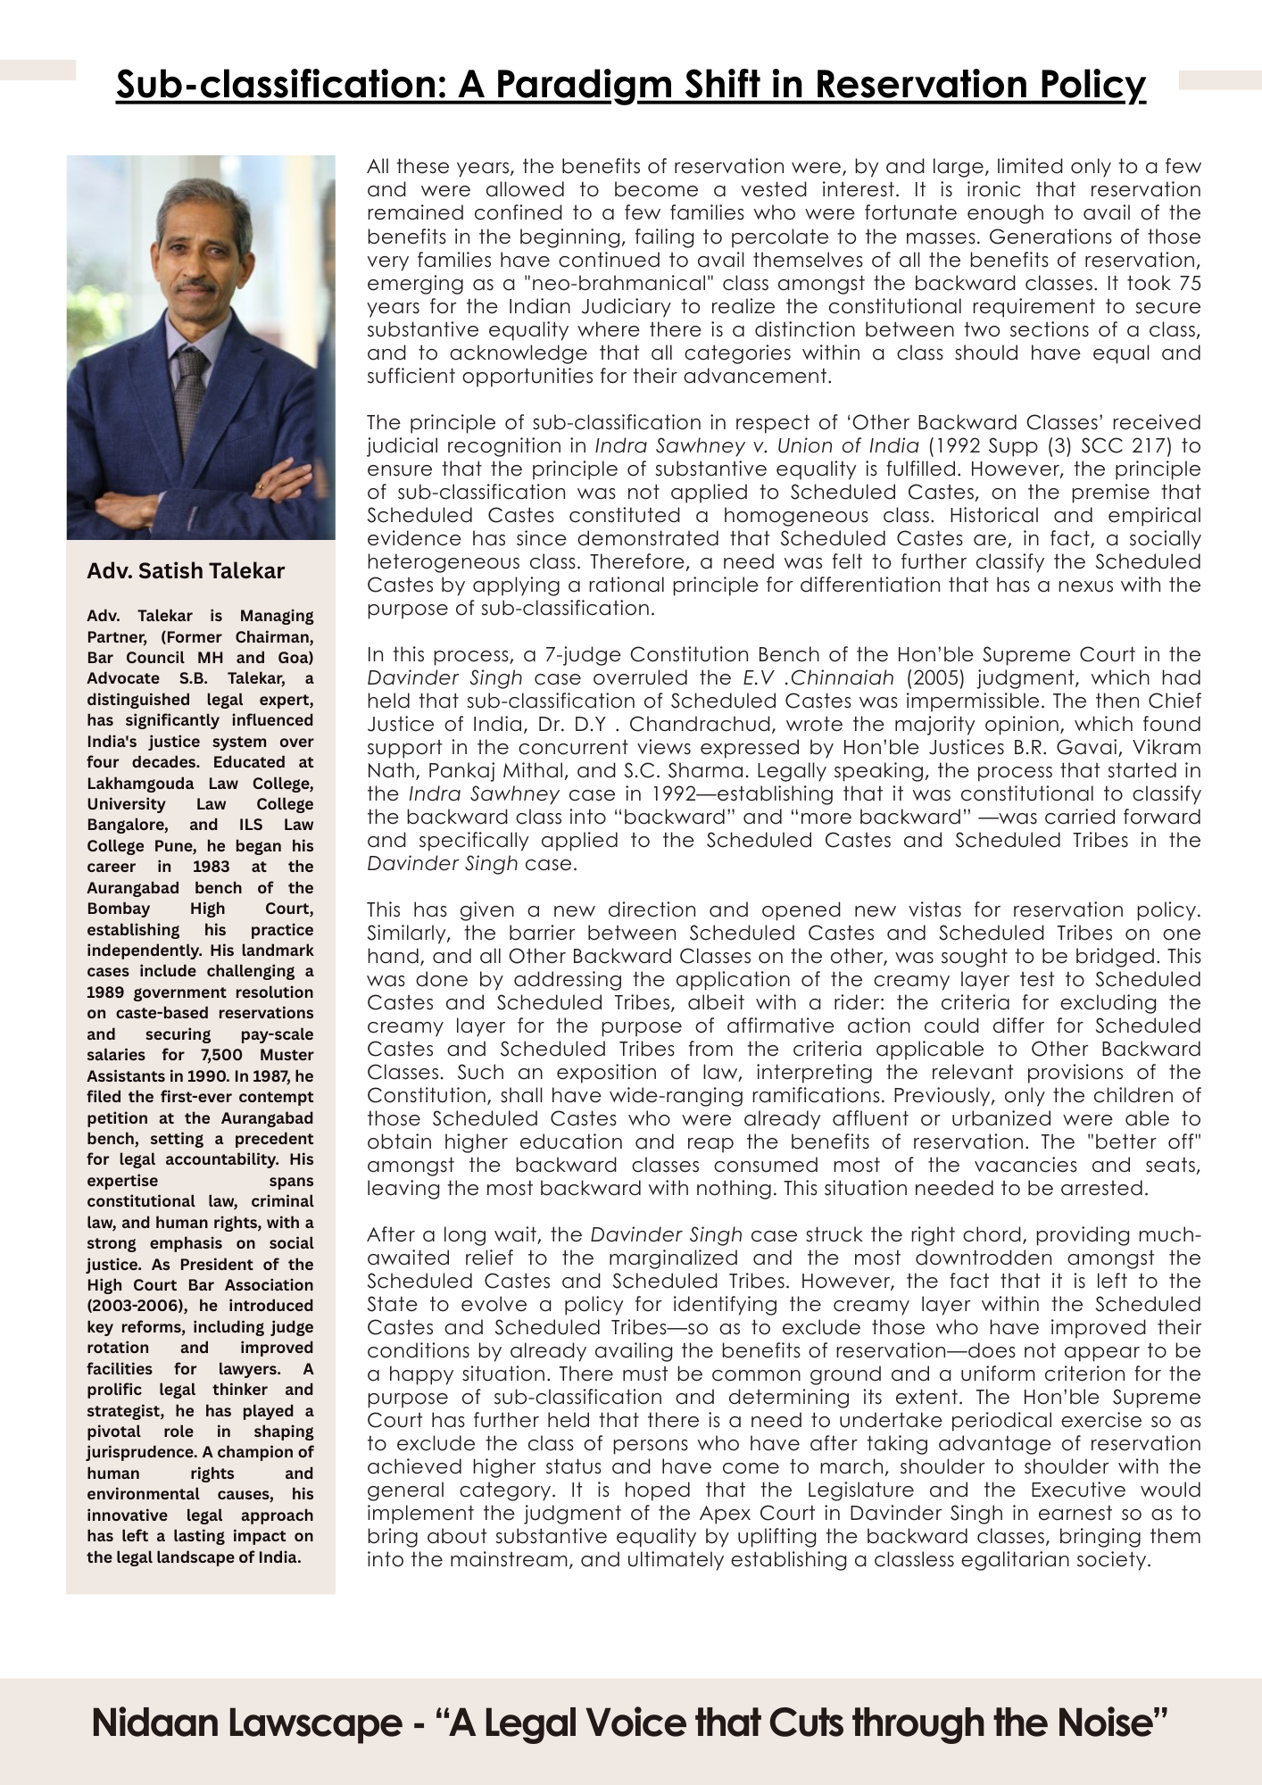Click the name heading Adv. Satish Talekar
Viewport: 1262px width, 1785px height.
(x=186, y=571)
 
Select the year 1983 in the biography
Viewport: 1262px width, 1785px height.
(x=211, y=867)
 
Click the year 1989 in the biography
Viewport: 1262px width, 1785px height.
(x=107, y=992)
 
